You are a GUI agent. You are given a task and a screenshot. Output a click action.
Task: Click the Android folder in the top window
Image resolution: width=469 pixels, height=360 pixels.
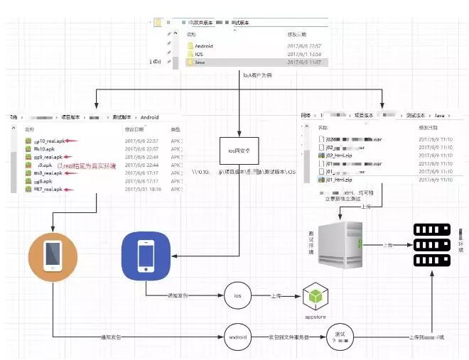coord(203,45)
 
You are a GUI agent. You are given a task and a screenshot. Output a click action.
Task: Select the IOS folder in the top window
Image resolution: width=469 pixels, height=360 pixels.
coord(199,54)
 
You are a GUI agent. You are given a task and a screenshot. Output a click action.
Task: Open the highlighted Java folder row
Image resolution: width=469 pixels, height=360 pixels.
coord(200,62)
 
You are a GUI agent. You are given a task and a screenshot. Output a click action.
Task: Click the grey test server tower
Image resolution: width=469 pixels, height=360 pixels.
coord(340,244)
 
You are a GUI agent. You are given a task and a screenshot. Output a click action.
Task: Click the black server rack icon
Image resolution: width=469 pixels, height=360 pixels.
coord(433,244)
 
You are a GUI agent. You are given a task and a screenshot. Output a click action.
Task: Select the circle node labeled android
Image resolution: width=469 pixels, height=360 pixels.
coord(238,337)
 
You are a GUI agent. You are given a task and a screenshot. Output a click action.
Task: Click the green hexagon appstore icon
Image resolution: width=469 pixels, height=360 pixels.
coord(315,296)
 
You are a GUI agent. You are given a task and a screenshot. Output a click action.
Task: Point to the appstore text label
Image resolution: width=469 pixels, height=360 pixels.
coord(315,316)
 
